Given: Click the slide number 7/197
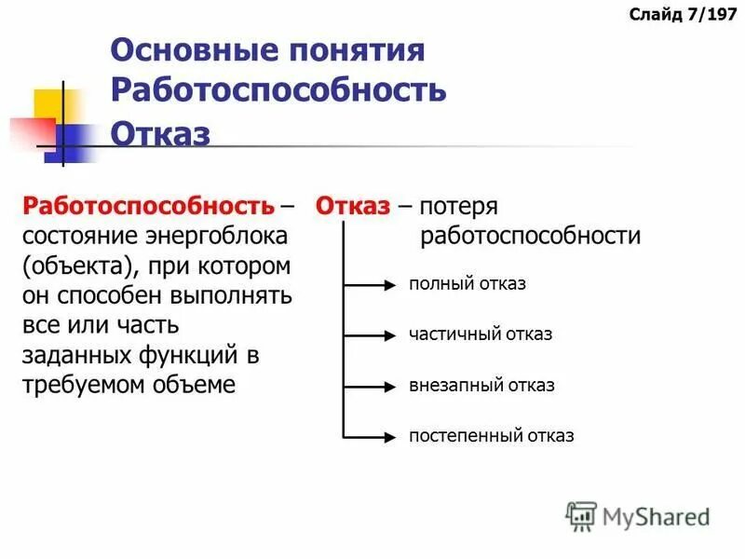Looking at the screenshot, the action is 684,14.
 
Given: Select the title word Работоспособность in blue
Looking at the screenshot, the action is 278,90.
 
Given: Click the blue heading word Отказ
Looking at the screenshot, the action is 160,132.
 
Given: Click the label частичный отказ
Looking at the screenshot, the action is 480,334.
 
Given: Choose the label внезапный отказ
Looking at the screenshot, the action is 481,385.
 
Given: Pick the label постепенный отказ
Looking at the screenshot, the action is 491,435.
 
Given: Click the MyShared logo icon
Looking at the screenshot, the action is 581,515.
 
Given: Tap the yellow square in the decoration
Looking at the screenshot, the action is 49,104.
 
